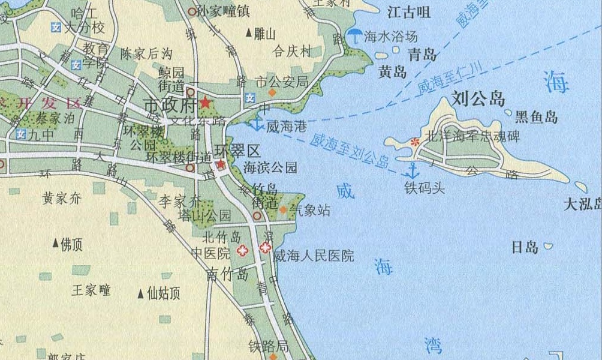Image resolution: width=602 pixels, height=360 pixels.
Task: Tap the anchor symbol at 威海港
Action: [256, 124]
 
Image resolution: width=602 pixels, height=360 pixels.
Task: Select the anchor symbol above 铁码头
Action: [413, 169]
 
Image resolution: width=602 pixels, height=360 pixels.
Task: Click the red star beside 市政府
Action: [205, 103]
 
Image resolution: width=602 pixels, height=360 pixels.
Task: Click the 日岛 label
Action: [524, 247]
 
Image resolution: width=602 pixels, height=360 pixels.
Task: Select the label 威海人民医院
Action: [313, 256]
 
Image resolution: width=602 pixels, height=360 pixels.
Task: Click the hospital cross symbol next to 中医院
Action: [242, 251]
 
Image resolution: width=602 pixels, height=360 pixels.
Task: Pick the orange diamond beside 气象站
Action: [282, 209]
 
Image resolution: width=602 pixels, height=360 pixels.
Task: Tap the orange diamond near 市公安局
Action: [272, 93]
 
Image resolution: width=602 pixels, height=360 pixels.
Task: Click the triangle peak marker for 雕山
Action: [249, 34]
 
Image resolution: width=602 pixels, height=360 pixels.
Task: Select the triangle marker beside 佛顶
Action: [56, 244]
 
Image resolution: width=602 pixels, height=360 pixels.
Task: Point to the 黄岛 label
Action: [393, 73]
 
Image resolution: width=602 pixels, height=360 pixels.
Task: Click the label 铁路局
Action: [268, 346]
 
